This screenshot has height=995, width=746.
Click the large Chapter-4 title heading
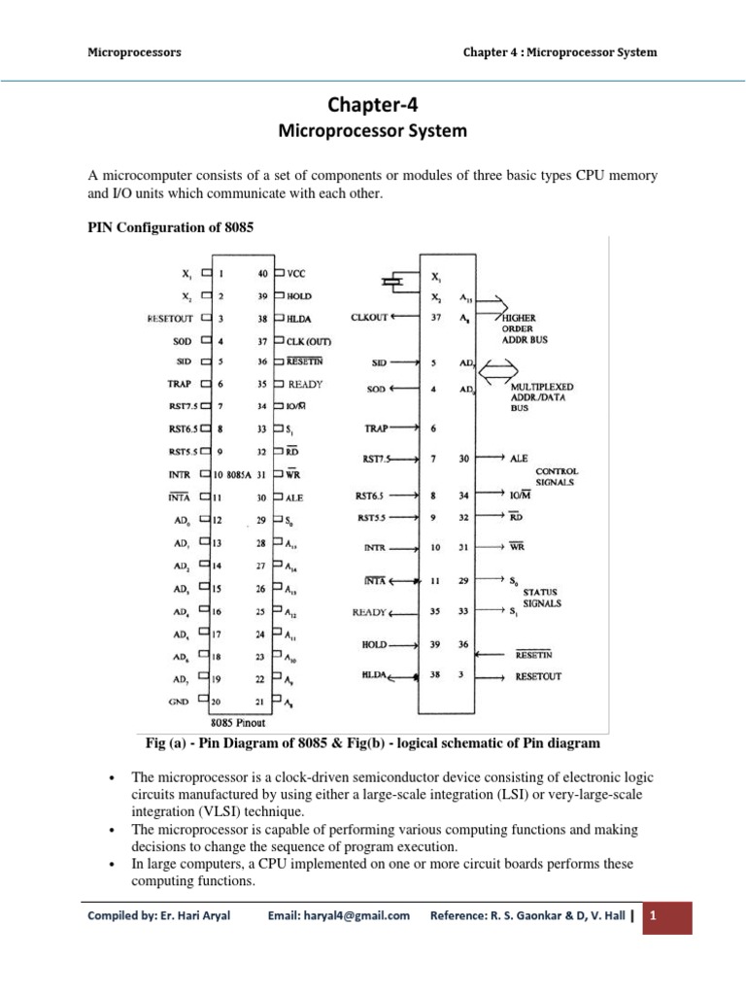pyautogui.click(x=374, y=106)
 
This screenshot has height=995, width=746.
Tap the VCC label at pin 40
pyautogui.click(x=296, y=274)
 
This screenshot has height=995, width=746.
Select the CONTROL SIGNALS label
pyautogui.click(x=557, y=475)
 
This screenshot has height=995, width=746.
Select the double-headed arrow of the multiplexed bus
pyautogui.click(x=497, y=368)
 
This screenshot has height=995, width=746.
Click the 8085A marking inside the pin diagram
pyautogui.click(x=239, y=474)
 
